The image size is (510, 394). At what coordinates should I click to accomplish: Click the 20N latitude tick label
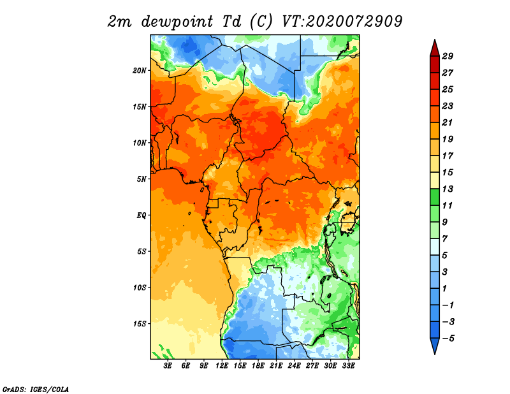coord(140,71)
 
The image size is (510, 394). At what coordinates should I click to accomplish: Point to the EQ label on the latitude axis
coord(142,215)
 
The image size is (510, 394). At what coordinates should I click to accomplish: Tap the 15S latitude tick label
coord(140,324)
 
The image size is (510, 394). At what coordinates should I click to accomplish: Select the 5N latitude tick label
coord(142,179)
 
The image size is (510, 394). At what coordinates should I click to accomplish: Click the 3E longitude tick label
coord(168,365)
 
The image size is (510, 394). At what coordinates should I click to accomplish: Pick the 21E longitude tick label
coord(276,365)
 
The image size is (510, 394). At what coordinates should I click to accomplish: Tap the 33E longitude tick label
coord(348,365)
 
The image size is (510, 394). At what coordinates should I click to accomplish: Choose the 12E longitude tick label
coord(222,365)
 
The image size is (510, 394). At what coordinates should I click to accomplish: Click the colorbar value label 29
coord(448,56)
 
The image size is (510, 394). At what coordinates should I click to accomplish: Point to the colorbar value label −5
coord(448,339)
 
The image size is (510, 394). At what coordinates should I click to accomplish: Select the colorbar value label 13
coord(448,189)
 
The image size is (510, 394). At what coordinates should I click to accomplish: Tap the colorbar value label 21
coord(448,122)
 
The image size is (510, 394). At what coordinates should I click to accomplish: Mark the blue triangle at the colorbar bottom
coord(435,345)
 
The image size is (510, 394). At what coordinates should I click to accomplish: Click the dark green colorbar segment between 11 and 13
coord(435,197)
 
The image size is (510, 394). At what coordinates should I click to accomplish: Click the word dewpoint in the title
coord(177,22)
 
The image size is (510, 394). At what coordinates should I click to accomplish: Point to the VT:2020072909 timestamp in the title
coord(342,22)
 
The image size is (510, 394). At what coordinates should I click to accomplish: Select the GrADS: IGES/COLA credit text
coord(36,389)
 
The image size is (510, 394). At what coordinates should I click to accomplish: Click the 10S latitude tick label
coord(140,288)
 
